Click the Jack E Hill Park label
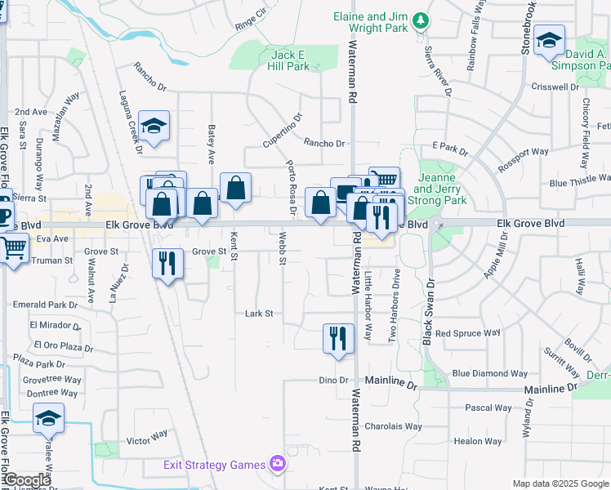click(290, 60)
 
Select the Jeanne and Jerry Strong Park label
click(442, 189)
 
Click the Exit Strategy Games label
click(213, 465)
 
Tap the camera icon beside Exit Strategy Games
click(278, 464)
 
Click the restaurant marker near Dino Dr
click(338, 338)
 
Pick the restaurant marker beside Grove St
click(167, 263)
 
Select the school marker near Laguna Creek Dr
click(153, 127)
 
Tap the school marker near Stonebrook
click(549, 40)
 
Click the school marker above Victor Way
click(48, 419)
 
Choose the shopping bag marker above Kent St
click(235, 189)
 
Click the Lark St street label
click(258, 313)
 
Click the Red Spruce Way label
click(467, 333)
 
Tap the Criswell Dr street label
click(555, 86)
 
